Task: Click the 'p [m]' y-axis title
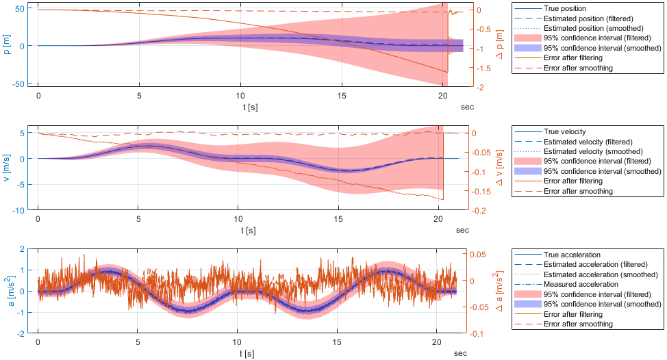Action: pos(8,45)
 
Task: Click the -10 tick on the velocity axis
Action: pos(23,211)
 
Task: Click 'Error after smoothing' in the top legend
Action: pos(578,68)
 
